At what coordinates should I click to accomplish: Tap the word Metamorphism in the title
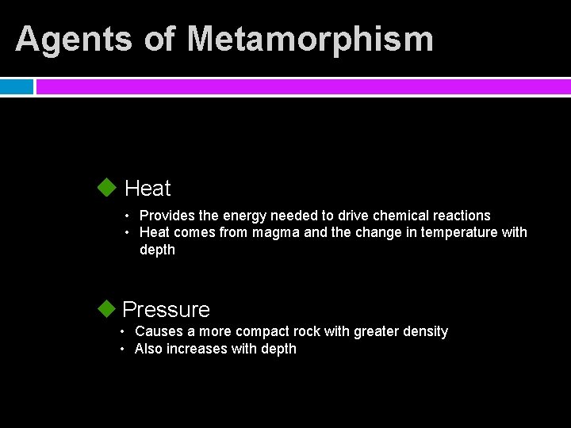point(310,39)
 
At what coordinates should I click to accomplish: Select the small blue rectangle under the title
point(17,86)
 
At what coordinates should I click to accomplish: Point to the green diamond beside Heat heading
point(106,188)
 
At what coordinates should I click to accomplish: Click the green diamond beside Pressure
point(106,308)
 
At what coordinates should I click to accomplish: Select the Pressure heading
point(167,309)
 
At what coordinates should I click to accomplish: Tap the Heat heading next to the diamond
point(148,189)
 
